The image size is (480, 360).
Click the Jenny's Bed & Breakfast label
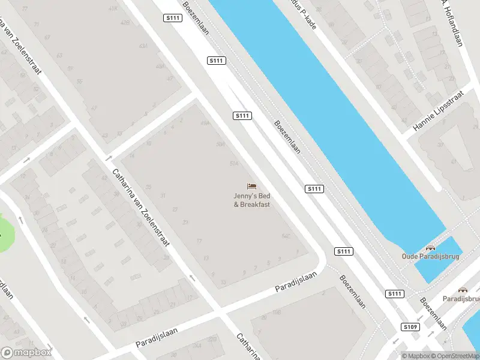coord(252,200)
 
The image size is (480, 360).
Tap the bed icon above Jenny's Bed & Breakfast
coord(252,186)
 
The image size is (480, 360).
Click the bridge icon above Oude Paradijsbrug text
coord(430,247)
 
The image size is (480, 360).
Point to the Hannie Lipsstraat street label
coord(439,111)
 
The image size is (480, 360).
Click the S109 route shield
coord(410,327)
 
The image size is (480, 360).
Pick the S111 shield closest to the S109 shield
coord(394,293)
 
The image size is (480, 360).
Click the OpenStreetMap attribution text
coord(455,356)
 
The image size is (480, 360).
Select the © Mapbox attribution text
coord(415,356)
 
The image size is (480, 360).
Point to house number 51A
coord(234,163)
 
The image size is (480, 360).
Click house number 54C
coord(286,237)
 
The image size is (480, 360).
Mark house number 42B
coord(125,23)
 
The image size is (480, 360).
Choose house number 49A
coord(205,123)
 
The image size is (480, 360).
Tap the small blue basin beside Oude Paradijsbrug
coord(438,261)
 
